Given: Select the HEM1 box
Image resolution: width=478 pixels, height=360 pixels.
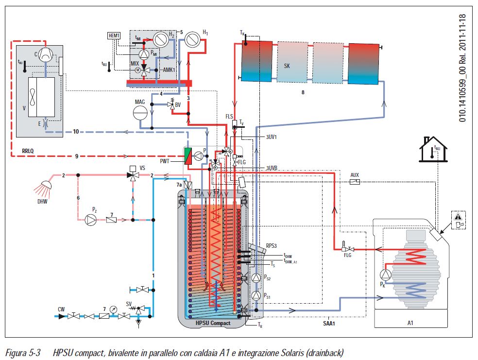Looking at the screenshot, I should click(x=113, y=35).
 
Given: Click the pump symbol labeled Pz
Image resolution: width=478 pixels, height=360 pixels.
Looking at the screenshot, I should click(x=91, y=220).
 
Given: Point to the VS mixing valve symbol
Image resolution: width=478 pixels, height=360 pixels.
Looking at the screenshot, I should click(x=132, y=175).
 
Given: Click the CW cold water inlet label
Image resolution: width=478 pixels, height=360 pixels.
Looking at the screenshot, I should click(x=61, y=309).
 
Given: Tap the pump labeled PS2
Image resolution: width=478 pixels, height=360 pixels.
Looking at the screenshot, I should click(x=256, y=277).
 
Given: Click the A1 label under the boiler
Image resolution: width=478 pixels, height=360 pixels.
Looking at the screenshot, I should click(x=410, y=323).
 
